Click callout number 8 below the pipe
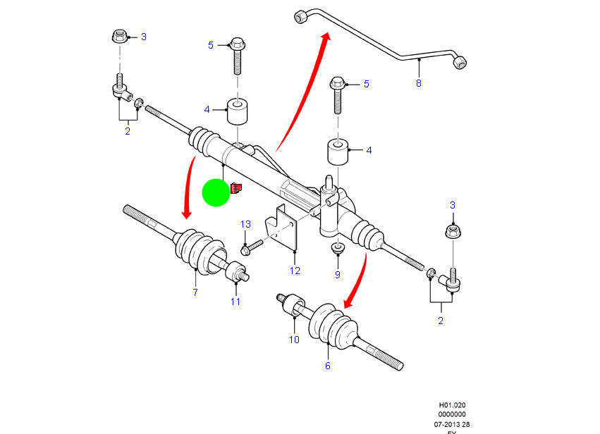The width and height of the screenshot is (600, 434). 418,83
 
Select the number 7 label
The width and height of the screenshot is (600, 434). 195,292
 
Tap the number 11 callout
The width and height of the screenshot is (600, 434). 235,302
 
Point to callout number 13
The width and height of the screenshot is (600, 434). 245,224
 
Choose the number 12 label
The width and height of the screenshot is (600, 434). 295,271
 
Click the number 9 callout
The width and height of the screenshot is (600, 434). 337,274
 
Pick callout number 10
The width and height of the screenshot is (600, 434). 294,340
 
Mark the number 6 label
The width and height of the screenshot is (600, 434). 327,366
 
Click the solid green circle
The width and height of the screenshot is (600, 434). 216,192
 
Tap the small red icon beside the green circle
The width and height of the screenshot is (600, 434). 236,187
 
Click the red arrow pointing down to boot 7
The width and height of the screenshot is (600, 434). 190,187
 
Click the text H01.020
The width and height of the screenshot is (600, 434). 452,405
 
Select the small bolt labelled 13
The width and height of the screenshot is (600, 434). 251,247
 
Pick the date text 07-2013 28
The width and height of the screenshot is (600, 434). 451,424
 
